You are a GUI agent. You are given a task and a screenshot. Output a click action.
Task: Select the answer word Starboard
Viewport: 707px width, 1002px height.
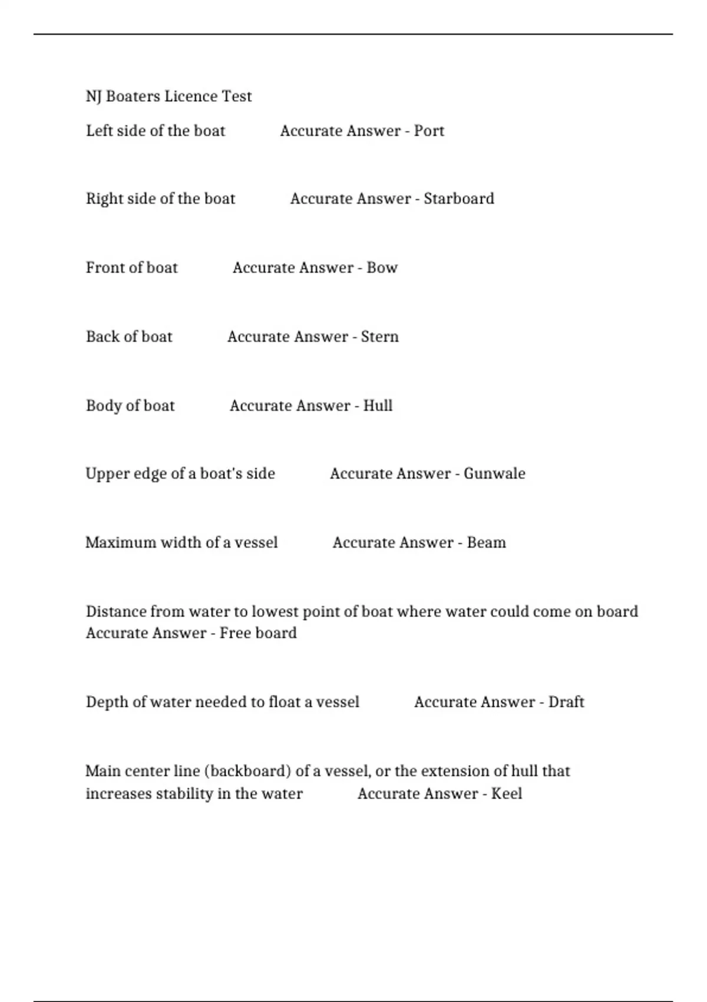pyautogui.click(x=458, y=199)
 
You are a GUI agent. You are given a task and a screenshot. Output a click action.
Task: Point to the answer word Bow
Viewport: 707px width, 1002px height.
pyautogui.click(x=382, y=268)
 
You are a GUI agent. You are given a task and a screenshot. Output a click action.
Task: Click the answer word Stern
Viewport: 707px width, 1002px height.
pyautogui.click(x=379, y=337)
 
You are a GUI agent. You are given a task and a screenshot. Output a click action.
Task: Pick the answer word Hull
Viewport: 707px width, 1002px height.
pyautogui.click(x=378, y=406)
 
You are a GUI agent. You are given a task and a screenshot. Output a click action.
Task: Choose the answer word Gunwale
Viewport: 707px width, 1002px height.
pyautogui.click(x=494, y=473)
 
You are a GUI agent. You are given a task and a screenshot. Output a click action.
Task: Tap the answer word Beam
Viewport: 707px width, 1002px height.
pyautogui.click(x=486, y=542)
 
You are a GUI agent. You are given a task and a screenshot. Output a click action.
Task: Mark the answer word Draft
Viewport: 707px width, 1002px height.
pyautogui.click(x=566, y=702)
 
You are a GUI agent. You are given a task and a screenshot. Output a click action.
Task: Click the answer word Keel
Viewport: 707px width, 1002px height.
pyautogui.click(x=506, y=793)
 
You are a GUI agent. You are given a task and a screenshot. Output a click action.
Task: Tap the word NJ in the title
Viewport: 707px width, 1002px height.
pyautogui.click(x=94, y=96)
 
